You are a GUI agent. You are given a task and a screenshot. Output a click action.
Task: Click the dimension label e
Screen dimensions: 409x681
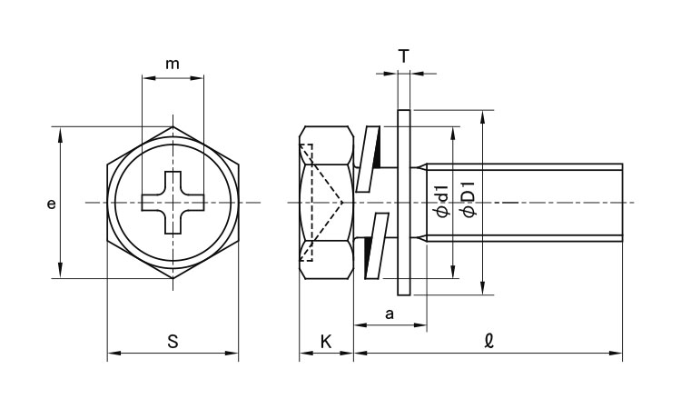click(x=52, y=204)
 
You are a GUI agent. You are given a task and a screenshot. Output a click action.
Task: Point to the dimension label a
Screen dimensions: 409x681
click(x=390, y=314)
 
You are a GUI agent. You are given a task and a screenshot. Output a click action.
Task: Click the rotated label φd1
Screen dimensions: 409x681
click(x=442, y=201)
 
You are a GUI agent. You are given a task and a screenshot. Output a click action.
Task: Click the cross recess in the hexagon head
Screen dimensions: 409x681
click(x=173, y=202)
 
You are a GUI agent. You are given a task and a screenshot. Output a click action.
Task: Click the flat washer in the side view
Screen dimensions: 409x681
click(x=405, y=202)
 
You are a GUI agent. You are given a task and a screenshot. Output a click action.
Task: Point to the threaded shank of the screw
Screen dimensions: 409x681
click(x=527, y=202)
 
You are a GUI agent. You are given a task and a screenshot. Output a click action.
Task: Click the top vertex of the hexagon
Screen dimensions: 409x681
click(x=173, y=125)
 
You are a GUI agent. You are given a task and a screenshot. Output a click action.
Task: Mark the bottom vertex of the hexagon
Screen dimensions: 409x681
click(x=173, y=278)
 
